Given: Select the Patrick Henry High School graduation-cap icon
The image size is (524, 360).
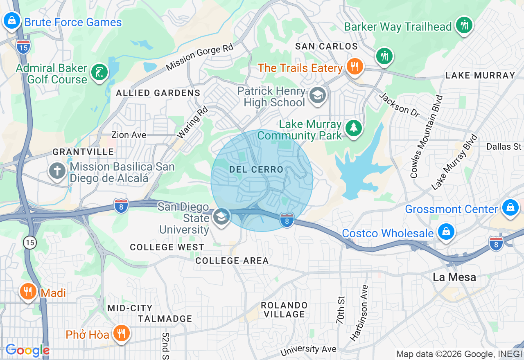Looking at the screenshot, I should pos(317,95).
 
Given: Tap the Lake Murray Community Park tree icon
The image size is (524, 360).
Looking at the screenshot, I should pos(353,128).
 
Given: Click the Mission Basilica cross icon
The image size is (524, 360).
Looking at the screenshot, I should pos(57,171).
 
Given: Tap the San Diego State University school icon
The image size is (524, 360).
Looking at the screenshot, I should pos(221,217).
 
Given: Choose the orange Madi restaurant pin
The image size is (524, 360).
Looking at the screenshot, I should pos(28,291).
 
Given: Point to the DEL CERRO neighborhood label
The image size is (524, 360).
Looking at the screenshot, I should pos(256,169).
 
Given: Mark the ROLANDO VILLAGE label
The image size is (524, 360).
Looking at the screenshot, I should pos(284,310).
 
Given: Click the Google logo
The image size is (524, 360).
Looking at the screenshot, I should pos(27,350).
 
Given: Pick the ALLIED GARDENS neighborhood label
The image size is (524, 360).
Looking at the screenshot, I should pos(158,93).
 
